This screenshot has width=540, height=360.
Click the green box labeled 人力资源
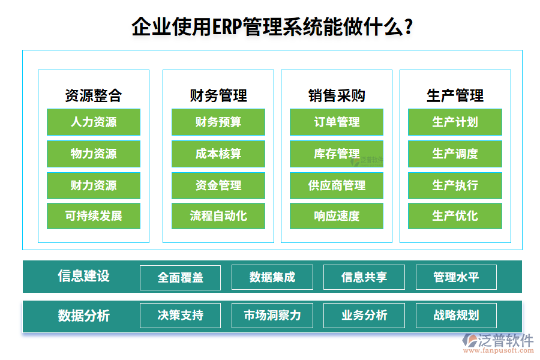(x=94, y=122)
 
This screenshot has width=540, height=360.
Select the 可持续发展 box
(x=94, y=216)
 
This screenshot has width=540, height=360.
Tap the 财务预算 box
(x=218, y=122)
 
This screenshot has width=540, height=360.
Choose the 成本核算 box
(x=218, y=154)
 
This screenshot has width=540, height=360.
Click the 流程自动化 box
(x=218, y=216)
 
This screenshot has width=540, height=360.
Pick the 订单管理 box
(x=337, y=122)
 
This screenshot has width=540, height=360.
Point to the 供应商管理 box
(x=337, y=185)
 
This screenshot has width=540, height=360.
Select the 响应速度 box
(x=337, y=216)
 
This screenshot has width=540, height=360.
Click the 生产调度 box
(x=455, y=154)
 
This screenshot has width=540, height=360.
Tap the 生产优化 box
(x=455, y=216)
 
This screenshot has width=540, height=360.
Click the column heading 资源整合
(x=94, y=95)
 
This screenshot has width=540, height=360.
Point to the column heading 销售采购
(x=337, y=95)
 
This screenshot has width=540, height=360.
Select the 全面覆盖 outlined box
(x=180, y=277)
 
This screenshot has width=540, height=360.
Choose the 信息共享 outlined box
(x=364, y=277)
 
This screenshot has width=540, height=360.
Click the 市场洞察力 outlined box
(x=272, y=315)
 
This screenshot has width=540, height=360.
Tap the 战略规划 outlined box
(x=456, y=315)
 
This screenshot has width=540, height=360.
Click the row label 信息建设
(x=84, y=276)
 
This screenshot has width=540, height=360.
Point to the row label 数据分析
(x=84, y=315)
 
